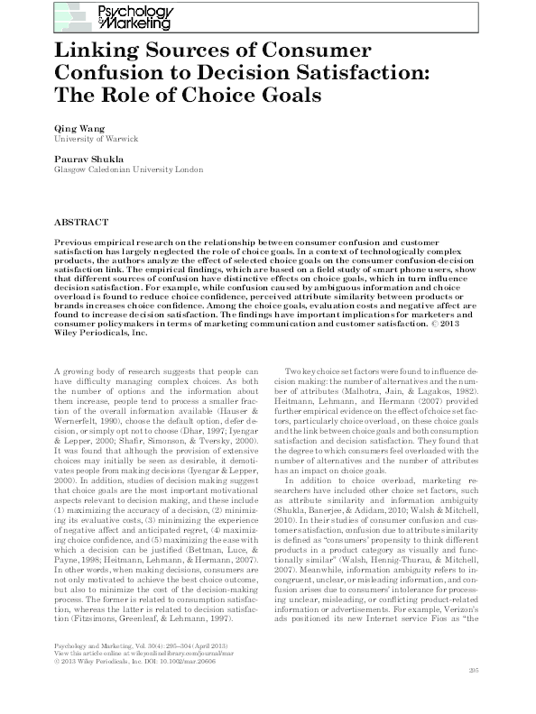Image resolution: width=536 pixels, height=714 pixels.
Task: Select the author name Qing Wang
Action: (77, 129)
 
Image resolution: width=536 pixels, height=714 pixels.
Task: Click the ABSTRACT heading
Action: (82, 220)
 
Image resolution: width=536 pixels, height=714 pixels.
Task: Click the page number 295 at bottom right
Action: (475, 694)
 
